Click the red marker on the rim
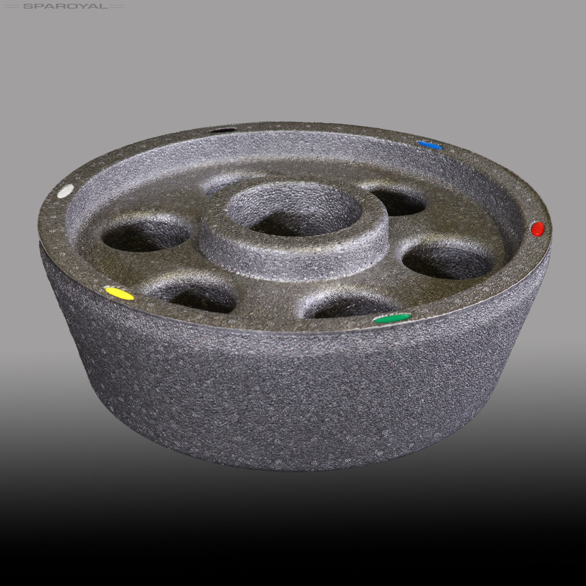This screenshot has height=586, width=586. click(538, 229)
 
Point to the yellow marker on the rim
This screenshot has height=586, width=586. click(120, 293)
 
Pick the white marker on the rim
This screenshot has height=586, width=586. click(66, 191)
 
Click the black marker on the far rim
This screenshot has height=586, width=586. click(223, 131)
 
